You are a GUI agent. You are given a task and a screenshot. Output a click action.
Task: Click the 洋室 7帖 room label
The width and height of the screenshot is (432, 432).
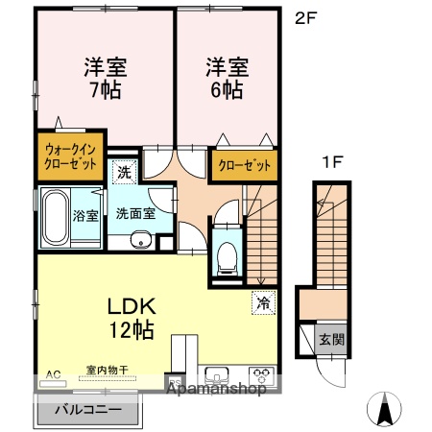(105, 78)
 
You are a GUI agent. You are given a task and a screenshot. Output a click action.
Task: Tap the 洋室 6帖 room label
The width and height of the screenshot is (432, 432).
(226, 78)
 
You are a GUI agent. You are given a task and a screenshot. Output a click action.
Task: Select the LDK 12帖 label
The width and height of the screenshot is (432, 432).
(131, 318)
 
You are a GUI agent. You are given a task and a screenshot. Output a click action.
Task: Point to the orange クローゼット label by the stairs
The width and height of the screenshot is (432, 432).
(243, 164)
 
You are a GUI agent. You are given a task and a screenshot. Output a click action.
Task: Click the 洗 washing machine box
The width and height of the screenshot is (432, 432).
(125, 173)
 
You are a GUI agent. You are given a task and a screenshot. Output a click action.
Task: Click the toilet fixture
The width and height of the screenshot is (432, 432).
(228, 253)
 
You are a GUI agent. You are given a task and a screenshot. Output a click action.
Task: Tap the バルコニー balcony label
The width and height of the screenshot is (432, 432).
(87, 410)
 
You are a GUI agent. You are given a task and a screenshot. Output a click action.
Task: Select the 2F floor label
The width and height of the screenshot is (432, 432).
(305, 15)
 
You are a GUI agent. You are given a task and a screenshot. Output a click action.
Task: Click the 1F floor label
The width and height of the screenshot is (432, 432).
(331, 161)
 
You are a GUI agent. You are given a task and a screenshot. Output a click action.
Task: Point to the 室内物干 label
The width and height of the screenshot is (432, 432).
(106, 371)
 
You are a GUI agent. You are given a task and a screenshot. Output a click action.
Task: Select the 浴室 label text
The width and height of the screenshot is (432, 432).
(84, 215)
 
